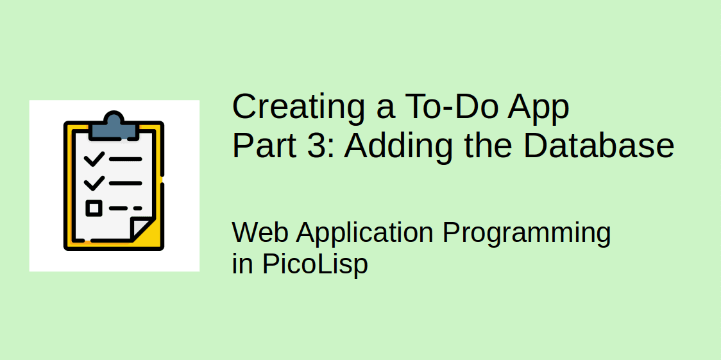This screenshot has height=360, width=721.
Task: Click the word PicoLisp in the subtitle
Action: click(x=314, y=264)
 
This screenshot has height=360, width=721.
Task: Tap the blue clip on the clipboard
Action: click(x=114, y=126)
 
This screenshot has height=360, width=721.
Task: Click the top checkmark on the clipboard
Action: click(x=94, y=159)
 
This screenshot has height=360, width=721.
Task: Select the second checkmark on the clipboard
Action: click(x=94, y=183)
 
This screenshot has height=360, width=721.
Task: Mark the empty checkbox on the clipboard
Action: click(x=94, y=208)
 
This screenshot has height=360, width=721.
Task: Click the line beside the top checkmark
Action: click(x=126, y=159)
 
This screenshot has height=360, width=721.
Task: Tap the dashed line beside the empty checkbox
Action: click(x=125, y=208)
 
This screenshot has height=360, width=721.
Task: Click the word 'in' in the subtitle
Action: click(x=242, y=264)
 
